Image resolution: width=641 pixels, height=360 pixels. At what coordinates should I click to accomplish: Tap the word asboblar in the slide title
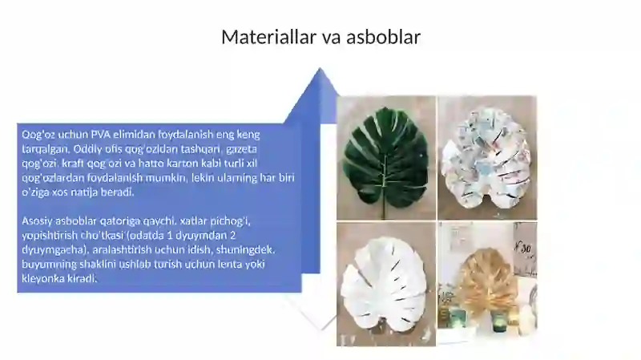click(382, 37)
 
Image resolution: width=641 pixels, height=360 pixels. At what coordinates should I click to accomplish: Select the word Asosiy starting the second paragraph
click(38, 220)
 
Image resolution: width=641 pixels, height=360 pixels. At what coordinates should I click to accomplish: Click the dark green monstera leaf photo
click(386, 157)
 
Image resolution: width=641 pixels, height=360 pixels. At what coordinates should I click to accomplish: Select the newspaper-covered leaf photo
click(486, 157)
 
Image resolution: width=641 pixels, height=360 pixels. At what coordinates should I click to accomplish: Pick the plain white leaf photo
click(386, 284)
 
